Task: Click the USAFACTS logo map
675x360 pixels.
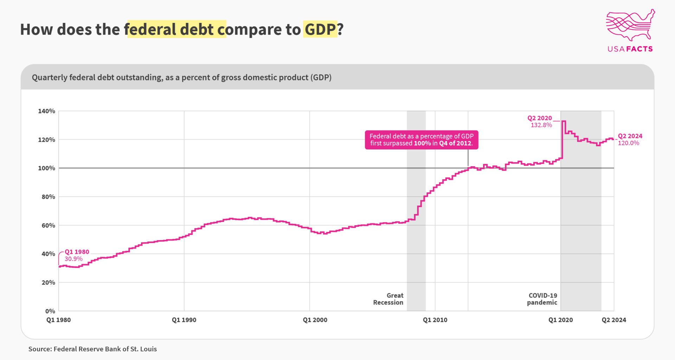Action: tap(630, 25)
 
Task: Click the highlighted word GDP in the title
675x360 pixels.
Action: tap(320, 29)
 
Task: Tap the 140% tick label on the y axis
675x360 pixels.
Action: tap(47, 111)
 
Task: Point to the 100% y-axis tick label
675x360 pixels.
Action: tap(47, 168)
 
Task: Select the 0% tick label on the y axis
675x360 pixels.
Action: tap(50, 311)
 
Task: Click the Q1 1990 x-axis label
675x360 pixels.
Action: tap(184, 320)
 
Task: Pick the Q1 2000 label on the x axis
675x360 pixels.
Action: tap(315, 320)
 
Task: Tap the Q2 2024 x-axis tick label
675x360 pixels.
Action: tap(614, 320)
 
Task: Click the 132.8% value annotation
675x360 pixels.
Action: tap(541, 125)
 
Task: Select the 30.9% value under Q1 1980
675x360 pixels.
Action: tap(73, 259)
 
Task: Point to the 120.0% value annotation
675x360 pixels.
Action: tap(628, 143)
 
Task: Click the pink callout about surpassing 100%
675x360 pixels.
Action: tap(421, 140)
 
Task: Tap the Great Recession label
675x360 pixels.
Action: tap(388, 299)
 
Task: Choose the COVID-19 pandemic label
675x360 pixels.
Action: tap(542, 299)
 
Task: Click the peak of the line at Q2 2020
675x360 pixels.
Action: tap(564, 121)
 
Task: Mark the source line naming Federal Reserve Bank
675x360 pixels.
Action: tap(92, 349)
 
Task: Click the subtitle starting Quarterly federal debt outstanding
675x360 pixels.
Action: tap(181, 77)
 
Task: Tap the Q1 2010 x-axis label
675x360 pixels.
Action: tap(435, 320)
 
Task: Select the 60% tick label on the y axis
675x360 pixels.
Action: tap(49, 225)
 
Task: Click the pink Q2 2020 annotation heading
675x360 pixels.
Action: tap(539, 118)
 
